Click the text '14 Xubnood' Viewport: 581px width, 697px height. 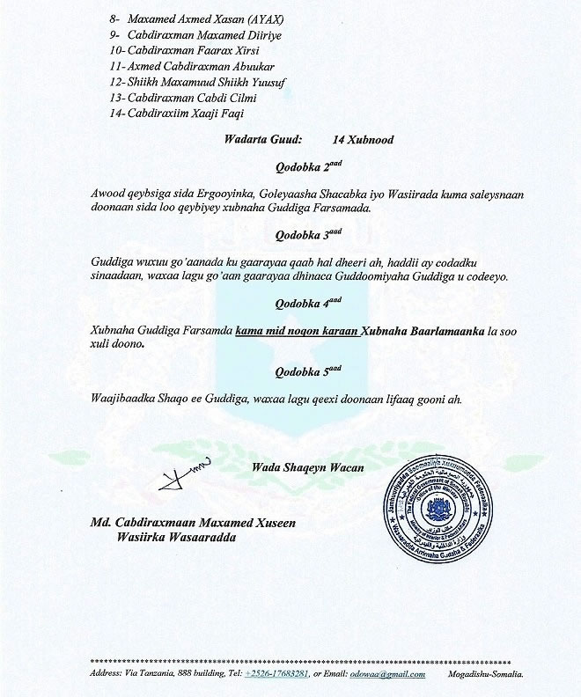(363, 139)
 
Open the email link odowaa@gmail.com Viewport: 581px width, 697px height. (388, 674)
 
